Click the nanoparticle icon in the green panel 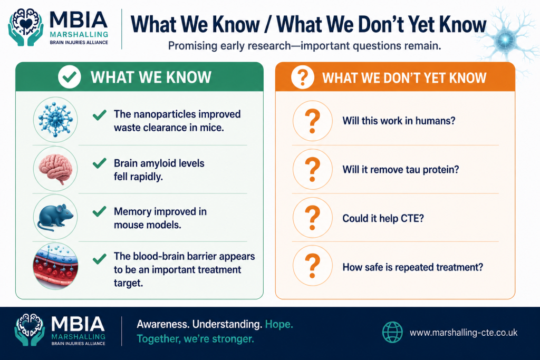(55, 120)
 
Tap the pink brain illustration (55, 169)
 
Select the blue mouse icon (55, 217)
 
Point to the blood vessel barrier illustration (55, 266)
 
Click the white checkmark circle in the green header (69, 77)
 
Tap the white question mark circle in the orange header (302, 77)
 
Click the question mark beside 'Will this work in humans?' (312, 121)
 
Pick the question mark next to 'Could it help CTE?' (312, 218)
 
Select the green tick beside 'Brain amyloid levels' (100, 163)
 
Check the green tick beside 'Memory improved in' (100, 211)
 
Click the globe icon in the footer (392, 332)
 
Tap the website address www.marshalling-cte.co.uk (464, 333)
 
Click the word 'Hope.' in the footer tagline (279, 324)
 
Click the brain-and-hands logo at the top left (26, 27)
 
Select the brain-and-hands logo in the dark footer (30, 329)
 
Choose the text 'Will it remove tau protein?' (401, 170)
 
